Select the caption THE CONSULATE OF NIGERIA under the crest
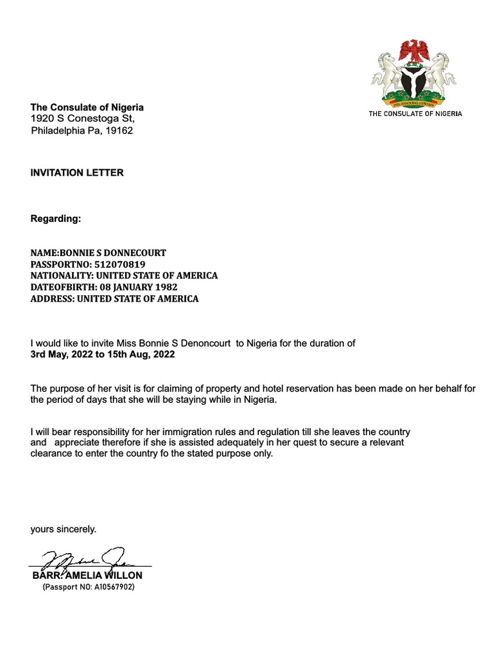point(415,114)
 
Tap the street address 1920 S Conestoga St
point(83,119)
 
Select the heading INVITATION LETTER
point(77,173)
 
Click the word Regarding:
point(56,219)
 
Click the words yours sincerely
point(64,529)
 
